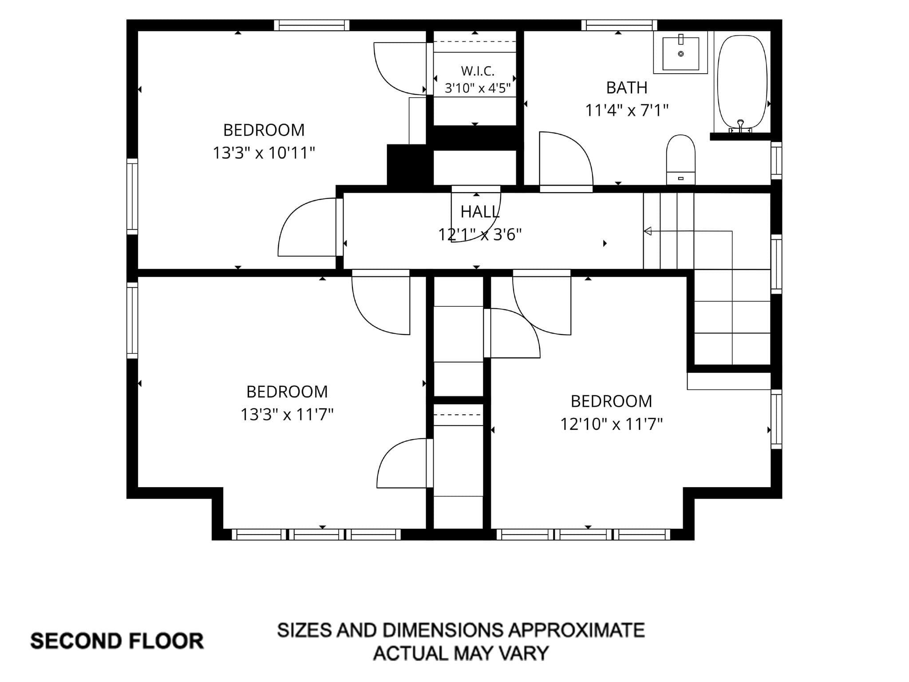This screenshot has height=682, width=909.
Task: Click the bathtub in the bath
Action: [742, 82]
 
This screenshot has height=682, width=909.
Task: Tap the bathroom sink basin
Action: [680, 54]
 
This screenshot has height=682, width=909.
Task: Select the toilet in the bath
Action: [680, 159]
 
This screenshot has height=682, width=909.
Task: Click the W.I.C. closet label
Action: [478, 71]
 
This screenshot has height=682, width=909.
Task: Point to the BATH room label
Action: [627, 88]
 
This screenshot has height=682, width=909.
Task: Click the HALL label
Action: [480, 212]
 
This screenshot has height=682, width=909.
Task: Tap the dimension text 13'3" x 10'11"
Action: [264, 153]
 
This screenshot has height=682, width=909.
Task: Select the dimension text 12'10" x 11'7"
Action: [611, 424]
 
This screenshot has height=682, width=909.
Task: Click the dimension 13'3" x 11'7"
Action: [287, 415]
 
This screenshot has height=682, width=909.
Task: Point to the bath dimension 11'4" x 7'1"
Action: [627, 110]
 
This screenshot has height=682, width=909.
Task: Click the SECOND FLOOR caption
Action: [117, 641]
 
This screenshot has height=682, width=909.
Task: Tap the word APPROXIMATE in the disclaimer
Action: [576, 630]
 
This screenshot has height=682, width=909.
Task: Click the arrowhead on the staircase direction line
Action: [648, 231]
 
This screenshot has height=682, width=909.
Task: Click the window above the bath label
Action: [619, 25]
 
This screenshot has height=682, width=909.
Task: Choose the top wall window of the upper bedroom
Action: [312, 25]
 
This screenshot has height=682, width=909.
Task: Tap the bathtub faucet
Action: [740, 126]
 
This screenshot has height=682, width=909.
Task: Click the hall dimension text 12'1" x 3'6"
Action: [480, 234]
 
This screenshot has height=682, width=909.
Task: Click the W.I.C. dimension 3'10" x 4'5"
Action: [478, 88]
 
